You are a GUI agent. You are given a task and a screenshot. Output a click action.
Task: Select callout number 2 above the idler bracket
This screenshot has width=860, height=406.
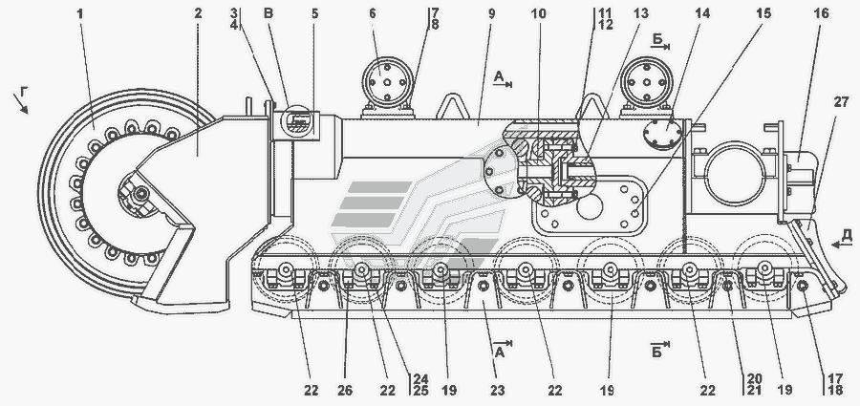tap(198, 15)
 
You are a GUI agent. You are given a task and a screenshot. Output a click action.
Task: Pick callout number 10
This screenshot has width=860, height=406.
tap(541, 15)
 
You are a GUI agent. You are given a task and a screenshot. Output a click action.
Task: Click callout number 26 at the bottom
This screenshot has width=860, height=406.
tap(347, 390)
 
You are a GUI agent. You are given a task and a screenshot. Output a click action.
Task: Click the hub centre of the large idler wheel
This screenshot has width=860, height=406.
tap(140, 195)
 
